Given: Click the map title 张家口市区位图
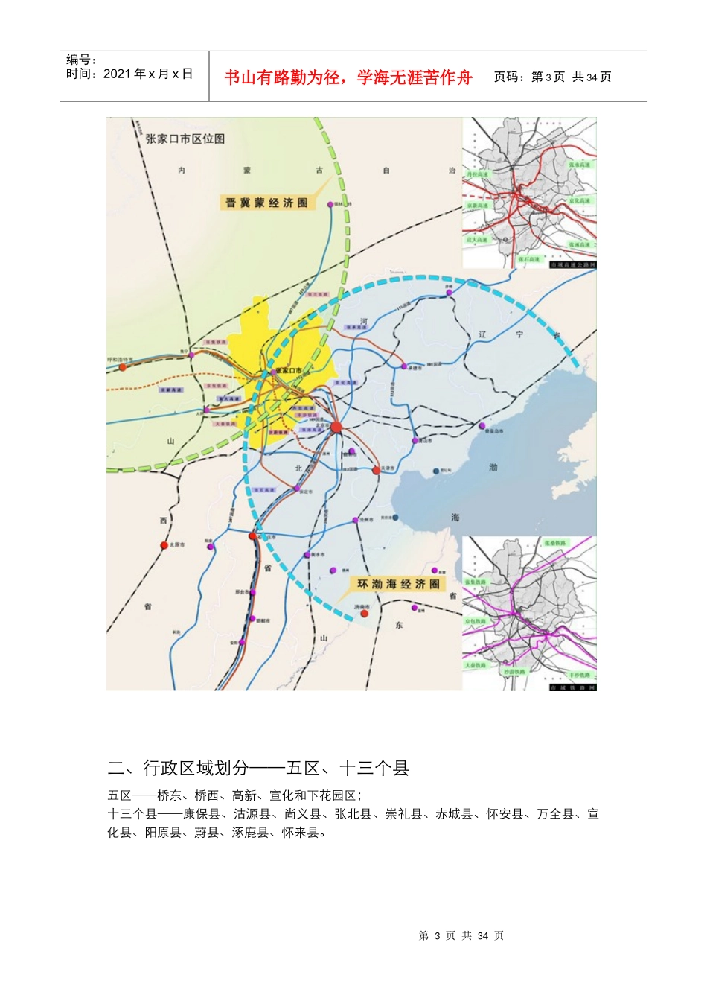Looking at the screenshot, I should click(185, 139).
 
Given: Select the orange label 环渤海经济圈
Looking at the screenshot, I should click(399, 584).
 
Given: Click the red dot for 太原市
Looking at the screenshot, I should click(164, 546).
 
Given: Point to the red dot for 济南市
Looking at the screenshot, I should click(365, 614).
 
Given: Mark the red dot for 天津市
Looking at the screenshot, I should click(377, 470).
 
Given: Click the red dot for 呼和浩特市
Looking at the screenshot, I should click(123, 367).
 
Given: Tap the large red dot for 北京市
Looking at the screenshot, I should click(336, 427).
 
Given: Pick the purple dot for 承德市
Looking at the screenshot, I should click(404, 366).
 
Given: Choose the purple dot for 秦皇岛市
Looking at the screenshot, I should click(482, 426).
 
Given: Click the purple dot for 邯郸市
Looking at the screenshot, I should click(253, 619).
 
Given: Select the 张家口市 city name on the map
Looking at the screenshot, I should click(289, 370).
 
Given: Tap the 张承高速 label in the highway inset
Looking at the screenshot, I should click(579, 165).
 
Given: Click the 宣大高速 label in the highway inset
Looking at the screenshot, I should click(477, 240).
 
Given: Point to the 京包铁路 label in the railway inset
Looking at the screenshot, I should click(476, 621).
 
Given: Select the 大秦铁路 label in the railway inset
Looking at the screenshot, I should click(476, 665).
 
